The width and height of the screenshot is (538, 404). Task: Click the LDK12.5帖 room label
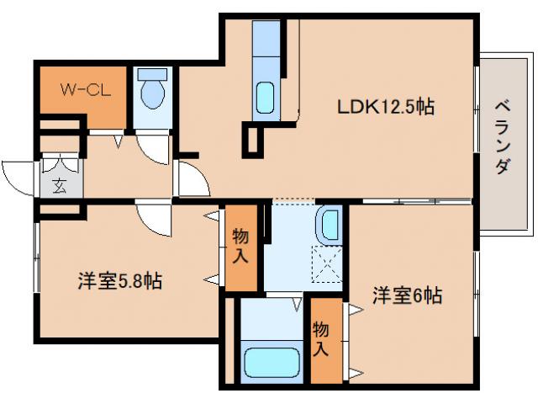pyautogui.click(x=386, y=109)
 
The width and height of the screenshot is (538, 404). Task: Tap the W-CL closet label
pyautogui.click(x=80, y=88)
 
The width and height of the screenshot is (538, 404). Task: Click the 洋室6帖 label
pyautogui.click(x=407, y=295)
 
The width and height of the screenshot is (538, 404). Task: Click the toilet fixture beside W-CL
pyautogui.click(x=152, y=92)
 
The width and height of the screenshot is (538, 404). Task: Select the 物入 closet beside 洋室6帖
pyautogui.click(x=322, y=336)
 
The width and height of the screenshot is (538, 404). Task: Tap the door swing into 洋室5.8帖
pyautogui.click(x=153, y=218)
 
